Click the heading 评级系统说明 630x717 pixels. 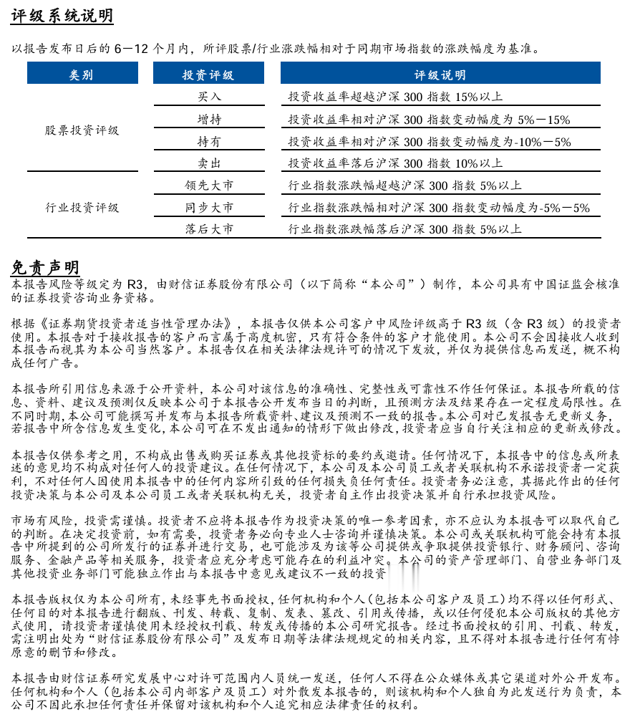click(62, 16)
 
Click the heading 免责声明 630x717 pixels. click(44, 267)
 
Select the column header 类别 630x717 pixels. click(81, 74)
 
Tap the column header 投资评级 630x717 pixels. click(208, 74)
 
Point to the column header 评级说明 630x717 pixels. click(440, 74)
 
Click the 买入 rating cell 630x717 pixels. click(209, 97)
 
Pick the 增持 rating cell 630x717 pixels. click(209, 119)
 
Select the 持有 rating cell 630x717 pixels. click(209, 141)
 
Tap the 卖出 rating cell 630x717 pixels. click(209, 163)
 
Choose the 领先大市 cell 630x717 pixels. click(209, 186)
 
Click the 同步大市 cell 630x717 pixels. click(209, 208)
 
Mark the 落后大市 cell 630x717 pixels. click(209, 229)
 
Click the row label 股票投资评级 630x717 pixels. click(82, 130)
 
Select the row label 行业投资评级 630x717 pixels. click(82, 208)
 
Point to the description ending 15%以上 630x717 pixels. click(395, 97)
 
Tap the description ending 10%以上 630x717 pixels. click(395, 163)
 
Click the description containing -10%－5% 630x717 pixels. click(429, 141)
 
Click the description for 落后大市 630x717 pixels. click(404, 229)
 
